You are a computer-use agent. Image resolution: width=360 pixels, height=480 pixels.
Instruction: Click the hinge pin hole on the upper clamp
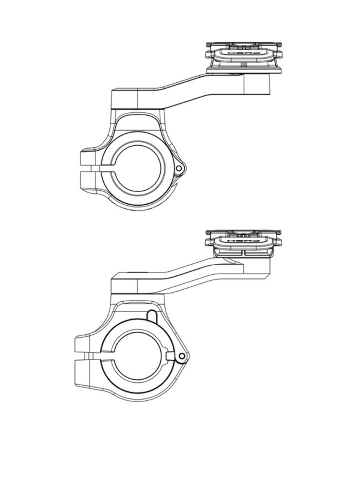[178, 168]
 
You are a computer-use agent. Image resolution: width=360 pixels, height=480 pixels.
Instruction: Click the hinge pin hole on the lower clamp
[182, 356]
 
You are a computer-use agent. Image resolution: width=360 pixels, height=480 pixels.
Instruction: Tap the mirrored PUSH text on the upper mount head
[243, 53]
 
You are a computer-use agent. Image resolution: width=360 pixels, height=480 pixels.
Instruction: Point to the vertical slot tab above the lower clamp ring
[151, 316]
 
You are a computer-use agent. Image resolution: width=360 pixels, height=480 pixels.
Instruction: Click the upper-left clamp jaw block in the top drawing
[88, 158]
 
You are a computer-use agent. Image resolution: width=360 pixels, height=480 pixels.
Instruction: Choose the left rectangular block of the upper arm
[125, 99]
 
